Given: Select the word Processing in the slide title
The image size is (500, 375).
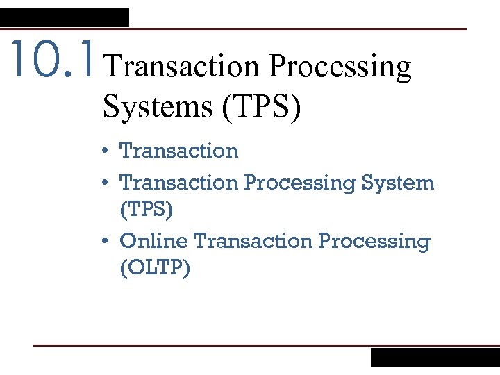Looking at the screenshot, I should coord(340,67).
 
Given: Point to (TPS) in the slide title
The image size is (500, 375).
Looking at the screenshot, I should coord(260,107).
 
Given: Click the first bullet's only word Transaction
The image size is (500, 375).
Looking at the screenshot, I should coord(178,151).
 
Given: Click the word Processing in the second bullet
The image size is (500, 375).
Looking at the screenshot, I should coord(299,183).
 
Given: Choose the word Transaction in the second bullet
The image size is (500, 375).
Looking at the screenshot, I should coord(178,183).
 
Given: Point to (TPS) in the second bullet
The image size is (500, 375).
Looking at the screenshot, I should coord(146,209).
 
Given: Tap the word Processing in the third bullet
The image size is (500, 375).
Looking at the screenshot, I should coord(374,242).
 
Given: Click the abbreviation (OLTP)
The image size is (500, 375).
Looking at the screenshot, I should coord(155,267).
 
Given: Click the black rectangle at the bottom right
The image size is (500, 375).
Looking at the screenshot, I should coord(435,357).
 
